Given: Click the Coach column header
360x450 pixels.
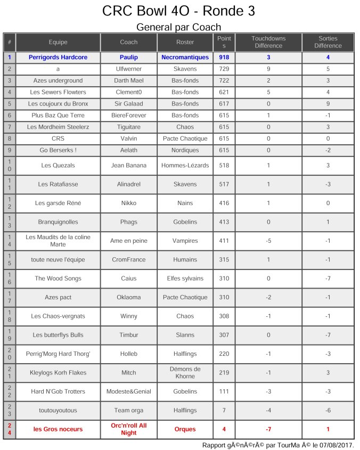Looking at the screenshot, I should [x=128, y=42].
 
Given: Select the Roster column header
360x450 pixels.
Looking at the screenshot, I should [x=185, y=42].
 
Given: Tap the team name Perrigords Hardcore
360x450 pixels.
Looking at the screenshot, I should [x=58, y=57].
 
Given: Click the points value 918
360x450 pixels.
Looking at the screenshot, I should [x=224, y=57].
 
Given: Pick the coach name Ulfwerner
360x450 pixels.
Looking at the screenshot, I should [x=128, y=69].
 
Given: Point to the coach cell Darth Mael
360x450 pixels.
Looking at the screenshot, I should [x=128, y=80].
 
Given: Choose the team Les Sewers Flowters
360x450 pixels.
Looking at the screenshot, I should [x=58, y=92].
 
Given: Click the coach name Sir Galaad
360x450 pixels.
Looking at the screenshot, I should [x=128, y=104].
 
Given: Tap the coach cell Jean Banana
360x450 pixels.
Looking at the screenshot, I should [x=128, y=166].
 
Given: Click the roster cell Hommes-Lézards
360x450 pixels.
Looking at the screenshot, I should [x=185, y=166].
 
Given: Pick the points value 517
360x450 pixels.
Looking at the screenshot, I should [x=224, y=184].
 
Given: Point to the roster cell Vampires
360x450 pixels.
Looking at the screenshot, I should [x=185, y=241].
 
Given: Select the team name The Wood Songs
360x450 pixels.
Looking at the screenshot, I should [x=58, y=279].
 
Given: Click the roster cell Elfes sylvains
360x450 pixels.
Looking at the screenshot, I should [x=185, y=279].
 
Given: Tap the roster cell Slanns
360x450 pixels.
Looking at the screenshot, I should [x=185, y=335].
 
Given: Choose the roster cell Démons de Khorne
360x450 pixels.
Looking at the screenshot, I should [x=185, y=373].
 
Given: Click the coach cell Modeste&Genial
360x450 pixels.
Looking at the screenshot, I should [x=128, y=391].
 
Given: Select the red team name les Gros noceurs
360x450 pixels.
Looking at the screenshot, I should [x=58, y=429].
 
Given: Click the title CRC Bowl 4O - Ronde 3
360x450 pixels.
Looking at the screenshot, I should [x=178, y=11].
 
